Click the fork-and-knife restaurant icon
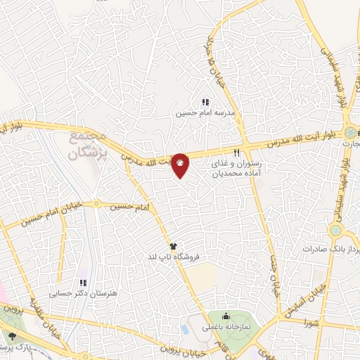coord(236,152)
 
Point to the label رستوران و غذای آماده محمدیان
coord(236,167)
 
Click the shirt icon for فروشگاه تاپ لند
coord(173,247)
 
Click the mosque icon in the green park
coord(225,315)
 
